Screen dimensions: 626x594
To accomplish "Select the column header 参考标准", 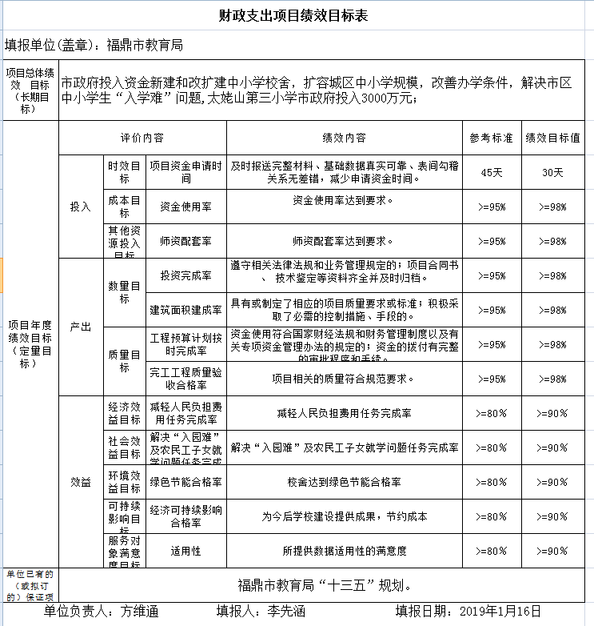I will (492, 138).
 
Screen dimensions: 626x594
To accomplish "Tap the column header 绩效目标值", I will (552, 138).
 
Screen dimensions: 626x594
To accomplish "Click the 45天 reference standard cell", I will (492, 172).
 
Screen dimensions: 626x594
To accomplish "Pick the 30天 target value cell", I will (552, 172).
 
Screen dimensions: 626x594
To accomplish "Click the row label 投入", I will (81, 207).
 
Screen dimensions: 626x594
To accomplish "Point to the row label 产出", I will (81, 327).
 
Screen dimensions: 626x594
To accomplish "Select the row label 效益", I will (81, 482).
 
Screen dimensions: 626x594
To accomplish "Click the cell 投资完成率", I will (185, 275).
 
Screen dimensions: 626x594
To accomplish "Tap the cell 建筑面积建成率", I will (185, 310).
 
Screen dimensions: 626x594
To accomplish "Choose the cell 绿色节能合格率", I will (185, 482).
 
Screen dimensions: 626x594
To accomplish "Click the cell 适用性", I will (185, 551).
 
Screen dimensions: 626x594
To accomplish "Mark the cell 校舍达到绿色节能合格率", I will (344, 482).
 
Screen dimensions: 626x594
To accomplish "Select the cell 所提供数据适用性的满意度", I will (344, 551).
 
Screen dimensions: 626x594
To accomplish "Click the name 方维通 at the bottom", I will (139, 612).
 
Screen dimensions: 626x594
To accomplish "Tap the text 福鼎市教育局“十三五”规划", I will (325, 584).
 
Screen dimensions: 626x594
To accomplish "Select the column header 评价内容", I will (142, 138).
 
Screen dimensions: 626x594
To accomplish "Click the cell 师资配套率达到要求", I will (344, 240).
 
